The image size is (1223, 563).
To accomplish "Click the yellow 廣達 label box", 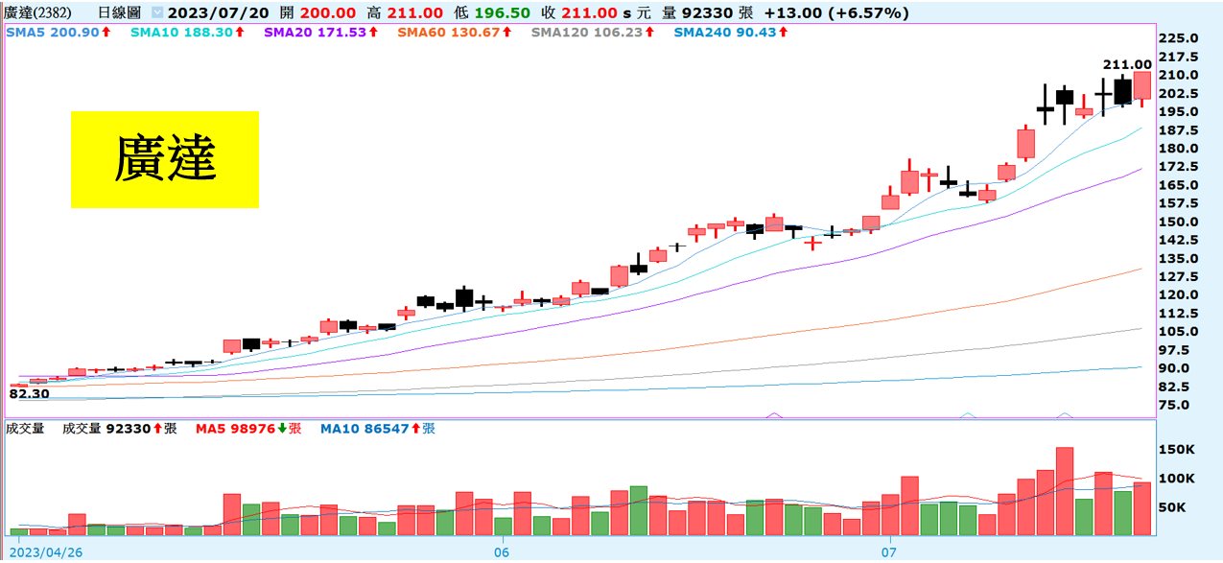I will pyautogui.click(x=164, y=159).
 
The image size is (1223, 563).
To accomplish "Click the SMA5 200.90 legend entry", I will pyautogui.click(x=58, y=32).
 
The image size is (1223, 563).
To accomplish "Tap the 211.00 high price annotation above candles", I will pyautogui.click(x=1126, y=64).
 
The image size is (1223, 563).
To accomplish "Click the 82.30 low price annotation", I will pyautogui.click(x=29, y=392).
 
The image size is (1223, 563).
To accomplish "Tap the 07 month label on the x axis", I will pyautogui.click(x=889, y=551).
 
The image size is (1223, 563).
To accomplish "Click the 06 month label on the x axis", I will pyautogui.click(x=500, y=551).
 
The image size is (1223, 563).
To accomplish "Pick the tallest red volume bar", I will pyautogui.click(x=1064, y=490).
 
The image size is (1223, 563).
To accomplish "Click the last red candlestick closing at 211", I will pyautogui.click(x=1141, y=85).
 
